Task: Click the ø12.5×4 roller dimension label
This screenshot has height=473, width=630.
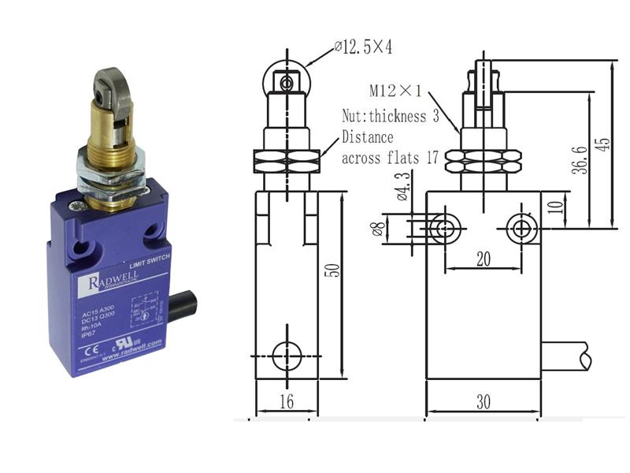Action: tap(364, 48)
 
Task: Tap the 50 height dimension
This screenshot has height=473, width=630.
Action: tap(333, 269)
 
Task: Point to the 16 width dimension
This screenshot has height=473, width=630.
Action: tap(286, 401)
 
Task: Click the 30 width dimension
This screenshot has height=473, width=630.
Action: tap(483, 401)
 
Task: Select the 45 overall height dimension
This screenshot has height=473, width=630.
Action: tap(602, 144)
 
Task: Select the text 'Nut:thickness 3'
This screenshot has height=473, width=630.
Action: tap(390, 117)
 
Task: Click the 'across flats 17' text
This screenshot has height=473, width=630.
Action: tap(390, 158)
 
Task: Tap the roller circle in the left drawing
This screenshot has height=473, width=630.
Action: tap(286, 81)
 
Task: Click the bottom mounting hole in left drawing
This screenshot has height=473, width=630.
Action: tap(286, 356)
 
